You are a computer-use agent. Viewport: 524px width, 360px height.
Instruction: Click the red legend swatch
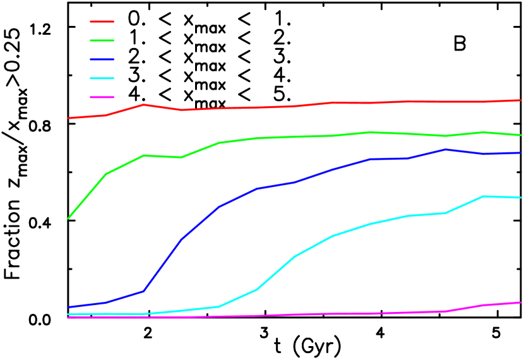pyautogui.click(x=102, y=21)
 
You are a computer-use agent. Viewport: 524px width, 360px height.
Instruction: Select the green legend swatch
pyautogui.click(x=102, y=40)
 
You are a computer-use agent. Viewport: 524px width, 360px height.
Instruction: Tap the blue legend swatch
pyautogui.click(x=102, y=59)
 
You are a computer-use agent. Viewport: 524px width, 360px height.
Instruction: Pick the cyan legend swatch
pyautogui.click(x=102, y=78)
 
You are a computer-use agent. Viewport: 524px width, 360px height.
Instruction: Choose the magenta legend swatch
pyautogui.click(x=102, y=97)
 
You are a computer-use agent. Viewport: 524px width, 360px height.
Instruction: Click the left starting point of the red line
pyautogui.click(x=68, y=118)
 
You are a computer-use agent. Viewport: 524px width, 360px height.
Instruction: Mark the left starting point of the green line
pyautogui.click(x=68, y=219)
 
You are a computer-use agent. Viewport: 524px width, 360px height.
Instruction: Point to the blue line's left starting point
pyautogui.click(x=68, y=308)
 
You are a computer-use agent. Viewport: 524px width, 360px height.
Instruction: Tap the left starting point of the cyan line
pyautogui.click(x=68, y=314)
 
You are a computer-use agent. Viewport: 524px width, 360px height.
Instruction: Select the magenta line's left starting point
pyautogui.click(x=68, y=317)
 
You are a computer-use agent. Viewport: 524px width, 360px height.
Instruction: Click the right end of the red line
pyautogui.click(x=521, y=100)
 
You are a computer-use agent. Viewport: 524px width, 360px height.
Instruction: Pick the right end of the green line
pyautogui.click(x=521, y=135)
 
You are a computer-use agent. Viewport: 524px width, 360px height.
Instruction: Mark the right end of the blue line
pyautogui.click(x=521, y=153)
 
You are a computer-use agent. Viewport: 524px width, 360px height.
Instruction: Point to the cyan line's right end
pyautogui.click(x=521, y=198)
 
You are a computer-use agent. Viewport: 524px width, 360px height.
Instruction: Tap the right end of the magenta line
pyautogui.click(x=521, y=303)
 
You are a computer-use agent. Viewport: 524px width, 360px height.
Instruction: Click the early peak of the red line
pyautogui.click(x=144, y=105)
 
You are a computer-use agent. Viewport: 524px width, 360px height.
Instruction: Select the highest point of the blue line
pyautogui.click(x=446, y=150)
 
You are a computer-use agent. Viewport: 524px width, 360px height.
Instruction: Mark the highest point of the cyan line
pyautogui.click(x=484, y=196)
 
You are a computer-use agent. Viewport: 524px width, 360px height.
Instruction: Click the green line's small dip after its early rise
pyautogui.click(x=182, y=157)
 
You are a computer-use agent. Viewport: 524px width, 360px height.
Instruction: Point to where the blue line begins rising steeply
pyautogui.click(x=144, y=291)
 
